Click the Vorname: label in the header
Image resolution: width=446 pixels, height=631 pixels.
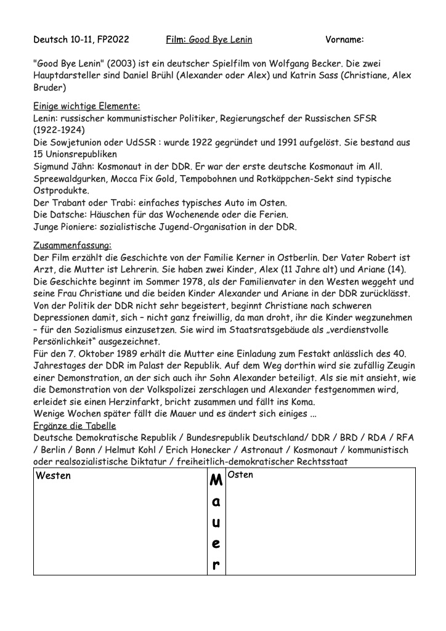coord(344,40)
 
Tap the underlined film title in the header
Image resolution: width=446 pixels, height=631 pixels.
coord(220,40)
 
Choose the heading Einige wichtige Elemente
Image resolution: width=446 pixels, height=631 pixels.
coord(86,105)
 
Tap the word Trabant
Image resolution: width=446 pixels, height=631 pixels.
coord(71,203)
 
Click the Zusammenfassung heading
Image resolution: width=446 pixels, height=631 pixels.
coord(71,245)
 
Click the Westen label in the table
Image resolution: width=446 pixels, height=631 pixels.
coord(54,476)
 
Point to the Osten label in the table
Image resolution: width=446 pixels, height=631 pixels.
coord(241,475)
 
